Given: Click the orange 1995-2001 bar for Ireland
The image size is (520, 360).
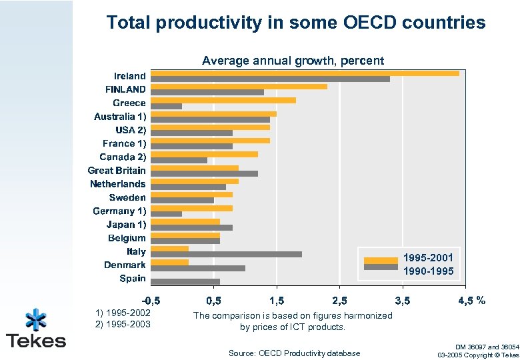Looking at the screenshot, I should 305,73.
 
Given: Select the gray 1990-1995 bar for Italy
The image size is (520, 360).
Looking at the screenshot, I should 226,254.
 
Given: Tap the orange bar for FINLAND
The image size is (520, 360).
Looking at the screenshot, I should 239,86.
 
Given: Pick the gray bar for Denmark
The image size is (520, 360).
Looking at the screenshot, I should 198,268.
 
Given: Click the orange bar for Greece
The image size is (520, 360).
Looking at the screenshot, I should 223,100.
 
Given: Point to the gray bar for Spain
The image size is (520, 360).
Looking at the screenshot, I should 185,281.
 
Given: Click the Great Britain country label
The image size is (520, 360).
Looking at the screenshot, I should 117,171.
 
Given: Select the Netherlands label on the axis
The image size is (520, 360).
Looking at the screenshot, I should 118,184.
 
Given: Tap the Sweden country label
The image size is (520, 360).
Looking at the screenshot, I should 127,197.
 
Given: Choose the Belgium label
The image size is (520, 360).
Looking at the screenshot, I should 127,238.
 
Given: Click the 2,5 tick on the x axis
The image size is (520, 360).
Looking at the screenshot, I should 339,301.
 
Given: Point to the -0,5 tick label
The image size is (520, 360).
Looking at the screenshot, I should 150,301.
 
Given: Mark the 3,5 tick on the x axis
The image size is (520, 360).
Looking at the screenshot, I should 402,301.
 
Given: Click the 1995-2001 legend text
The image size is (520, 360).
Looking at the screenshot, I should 428,257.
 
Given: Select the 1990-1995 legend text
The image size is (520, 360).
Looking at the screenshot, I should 428,271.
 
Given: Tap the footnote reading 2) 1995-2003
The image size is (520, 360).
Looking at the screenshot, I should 123,325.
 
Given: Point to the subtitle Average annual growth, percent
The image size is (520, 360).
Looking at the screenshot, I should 293,61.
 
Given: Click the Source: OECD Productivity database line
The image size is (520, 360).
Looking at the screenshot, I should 294,353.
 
